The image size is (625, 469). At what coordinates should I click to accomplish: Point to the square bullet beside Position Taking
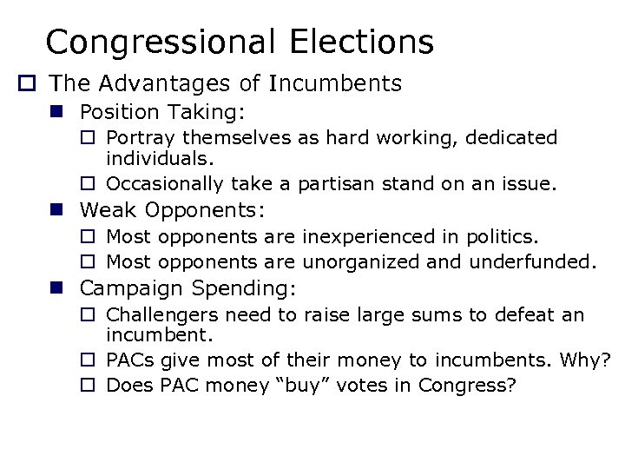pyautogui.click(x=63, y=113)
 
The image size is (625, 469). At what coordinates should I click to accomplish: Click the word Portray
pyautogui.click(x=138, y=138)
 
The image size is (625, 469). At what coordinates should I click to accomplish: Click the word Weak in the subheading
pyautogui.click(x=110, y=210)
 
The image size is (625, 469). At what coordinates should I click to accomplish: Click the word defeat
pyautogui.click(x=535, y=314)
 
